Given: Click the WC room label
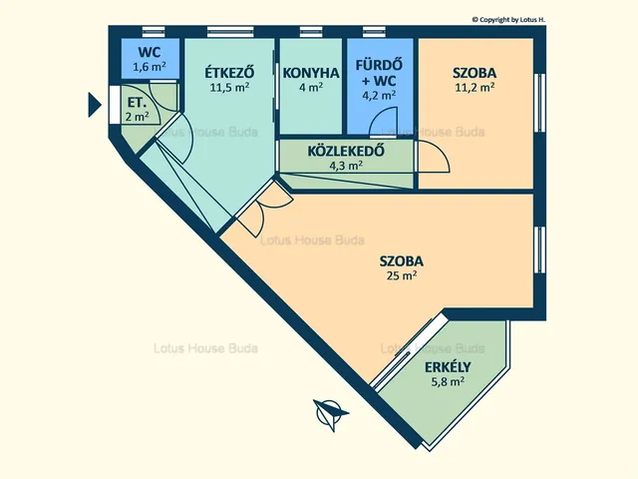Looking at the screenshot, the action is pyautogui.click(x=150, y=53).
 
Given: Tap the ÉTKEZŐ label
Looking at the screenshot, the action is pyautogui.click(x=229, y=73).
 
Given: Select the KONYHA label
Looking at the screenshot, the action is pyautogui.click(x=311, y=73).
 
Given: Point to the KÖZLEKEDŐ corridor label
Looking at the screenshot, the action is pyautogui.click(x=346, y=151).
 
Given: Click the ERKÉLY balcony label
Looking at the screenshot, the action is pyautogui.click(x=448, y=367).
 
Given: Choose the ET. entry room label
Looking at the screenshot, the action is pyautogui.click(x=137, y=102).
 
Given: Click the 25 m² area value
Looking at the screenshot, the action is pyautogui.click(x=402, y=275).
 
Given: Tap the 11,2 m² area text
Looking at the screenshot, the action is pyautogui.click(x=475, y=88).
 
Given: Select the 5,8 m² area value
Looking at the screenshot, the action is pyautogui.click(x=448, y=381).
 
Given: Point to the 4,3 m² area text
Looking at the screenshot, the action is pyautogui.click(x=346, y=166).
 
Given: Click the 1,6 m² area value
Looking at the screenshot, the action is pyautogui.click(x=150, y=67).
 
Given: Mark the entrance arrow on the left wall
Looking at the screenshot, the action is pyautogui.click(x=95, y=105).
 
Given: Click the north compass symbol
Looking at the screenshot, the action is pyautogui.click(x=330, y=413).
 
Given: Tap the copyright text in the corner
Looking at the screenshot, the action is pyautogui.click(x=508, y=20).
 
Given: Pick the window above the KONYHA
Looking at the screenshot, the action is pyautogui.click(x=311, y=32).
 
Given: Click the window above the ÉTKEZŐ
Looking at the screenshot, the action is pyautogui.click(x=230, y=32).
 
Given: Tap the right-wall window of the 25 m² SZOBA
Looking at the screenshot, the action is pyautogui.click(x=539, y=249).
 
